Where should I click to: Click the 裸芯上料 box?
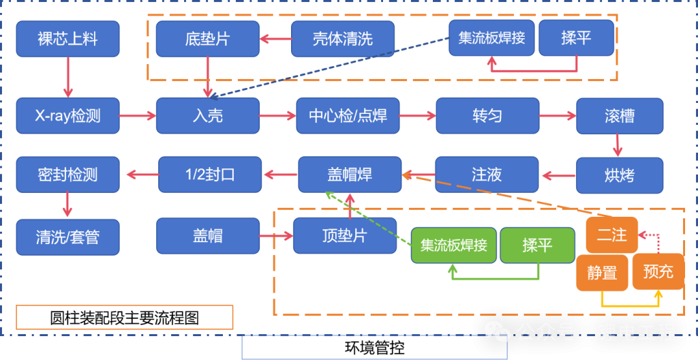[x=67, y=38]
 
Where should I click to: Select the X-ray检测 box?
[x=67, y=115]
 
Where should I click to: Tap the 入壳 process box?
[x=207, y=115]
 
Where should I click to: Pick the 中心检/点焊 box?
[x=348, y=115]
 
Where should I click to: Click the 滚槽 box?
[x=619, y=115]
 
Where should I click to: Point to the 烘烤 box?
[x=619, y=175]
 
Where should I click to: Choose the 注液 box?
[x=487, y=175]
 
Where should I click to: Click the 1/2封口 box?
[x=210, y=175]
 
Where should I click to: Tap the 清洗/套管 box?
[x=67, y=237]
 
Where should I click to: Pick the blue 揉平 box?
[x=576, y=38]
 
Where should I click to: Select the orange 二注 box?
[x=611, y=235]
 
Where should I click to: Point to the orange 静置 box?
[x=602, y=273]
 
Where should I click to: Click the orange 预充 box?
[x=658, y=271]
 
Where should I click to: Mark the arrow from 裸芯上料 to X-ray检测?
[x=67, y=77]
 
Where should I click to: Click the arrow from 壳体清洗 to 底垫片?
[x=275, y=39]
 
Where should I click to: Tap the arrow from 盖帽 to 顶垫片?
[x=276, y=237]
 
